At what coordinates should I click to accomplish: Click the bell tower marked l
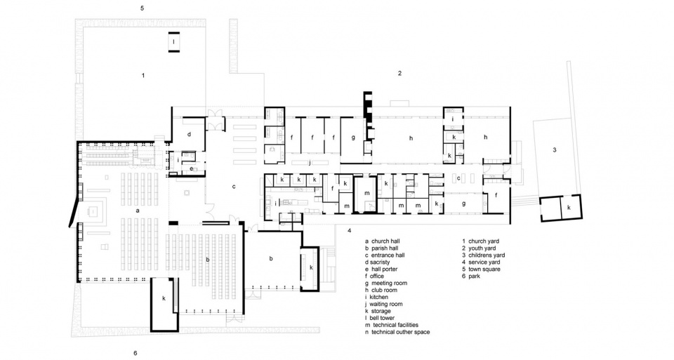[173, 42]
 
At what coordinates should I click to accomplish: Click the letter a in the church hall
[138, 211]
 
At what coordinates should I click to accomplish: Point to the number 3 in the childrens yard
[555, 150]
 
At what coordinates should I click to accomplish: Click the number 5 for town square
[143, 8]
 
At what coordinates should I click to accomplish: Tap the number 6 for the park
[135, 353]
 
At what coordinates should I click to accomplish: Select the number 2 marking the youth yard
[399, 73]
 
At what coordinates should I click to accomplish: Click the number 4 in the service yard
[350, 231]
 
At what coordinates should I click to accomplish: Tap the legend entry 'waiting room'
[386, 304]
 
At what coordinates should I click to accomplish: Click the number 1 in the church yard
[143, 76]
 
